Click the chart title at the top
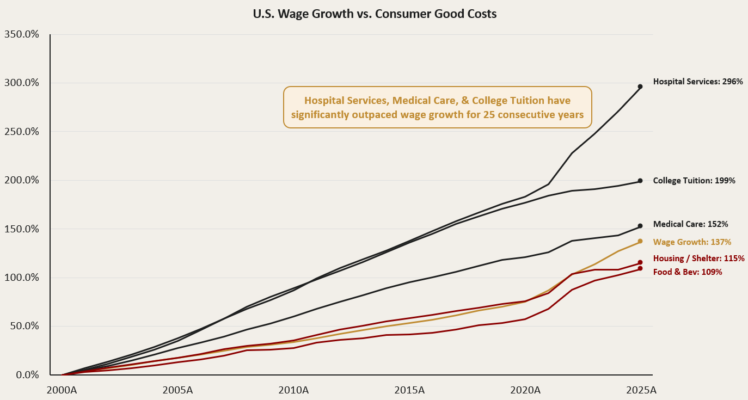coord(375,14)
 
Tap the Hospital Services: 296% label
coord(698,82)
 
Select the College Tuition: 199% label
coord(694,181)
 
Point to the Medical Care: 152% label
coord(690,224)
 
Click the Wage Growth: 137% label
coord(692,242)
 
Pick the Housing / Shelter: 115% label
coord(698,259)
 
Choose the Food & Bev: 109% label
coord(687,272)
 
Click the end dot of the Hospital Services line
coord(640,87)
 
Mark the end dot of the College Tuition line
coord(640,181)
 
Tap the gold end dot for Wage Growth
coord(640,241)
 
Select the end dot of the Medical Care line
coord(640,226)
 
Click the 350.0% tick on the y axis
coord(22,34)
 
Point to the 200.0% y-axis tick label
coord(22,180)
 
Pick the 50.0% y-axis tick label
coord(24,326)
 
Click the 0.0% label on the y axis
coord(27,375)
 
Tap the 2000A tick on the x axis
coord(62,390)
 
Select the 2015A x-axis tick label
coord(409,390)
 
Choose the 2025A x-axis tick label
coord(641,390)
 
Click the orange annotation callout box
coord(438,107)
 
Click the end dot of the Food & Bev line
coord(640,268)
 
